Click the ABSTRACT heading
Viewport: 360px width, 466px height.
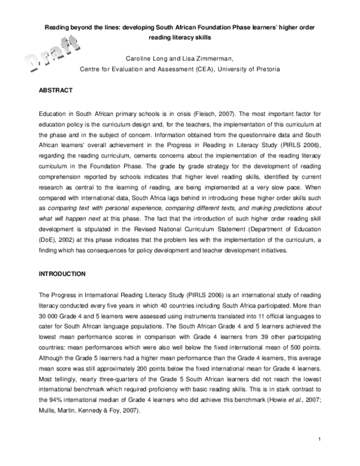coord(56,90)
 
